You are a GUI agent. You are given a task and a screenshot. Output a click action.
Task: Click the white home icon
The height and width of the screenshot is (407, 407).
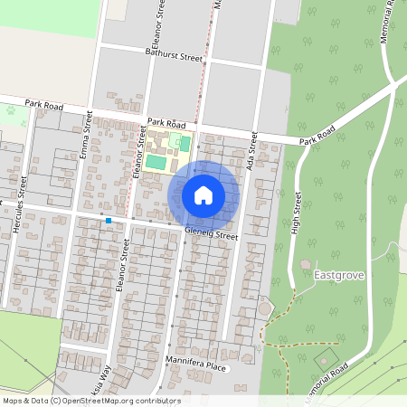click(x=203, y=195)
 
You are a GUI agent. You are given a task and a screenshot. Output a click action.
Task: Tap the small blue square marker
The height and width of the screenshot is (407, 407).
click(x=108, y=221)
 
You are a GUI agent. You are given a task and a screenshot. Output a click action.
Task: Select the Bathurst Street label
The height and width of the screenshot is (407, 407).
click(x=174, y=56)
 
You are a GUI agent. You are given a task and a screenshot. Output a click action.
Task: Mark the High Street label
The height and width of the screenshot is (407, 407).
click(x=296, y=211)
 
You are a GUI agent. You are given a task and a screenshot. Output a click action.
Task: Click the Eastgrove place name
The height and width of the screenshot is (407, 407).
click(x=338, y=273)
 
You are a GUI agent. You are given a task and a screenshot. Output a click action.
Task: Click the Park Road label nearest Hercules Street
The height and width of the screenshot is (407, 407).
click(x=46, y=105)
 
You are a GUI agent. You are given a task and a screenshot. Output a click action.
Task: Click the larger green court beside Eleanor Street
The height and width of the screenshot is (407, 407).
click(x=156, y=163)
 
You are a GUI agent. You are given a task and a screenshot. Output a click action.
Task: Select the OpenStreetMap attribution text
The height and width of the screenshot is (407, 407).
click(x=90, y=401)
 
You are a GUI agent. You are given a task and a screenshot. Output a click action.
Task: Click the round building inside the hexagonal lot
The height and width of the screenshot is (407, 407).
click(x=264, y=308)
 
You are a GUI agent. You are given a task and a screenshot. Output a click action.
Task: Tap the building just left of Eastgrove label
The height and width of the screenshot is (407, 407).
click(x=305, y=265)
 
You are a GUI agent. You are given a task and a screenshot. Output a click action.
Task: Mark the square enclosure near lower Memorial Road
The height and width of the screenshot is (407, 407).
click(x=324, y=360)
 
